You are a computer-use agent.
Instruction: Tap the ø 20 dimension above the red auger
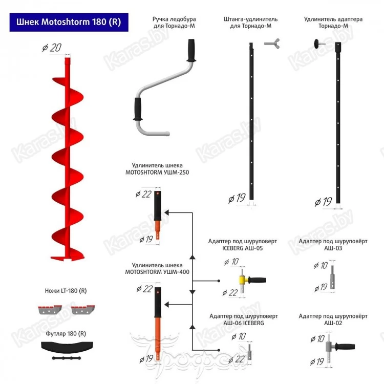pos(53,48)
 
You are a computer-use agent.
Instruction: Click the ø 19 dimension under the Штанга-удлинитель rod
pos(237,198)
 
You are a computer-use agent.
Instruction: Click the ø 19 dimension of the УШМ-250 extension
pos(146,239)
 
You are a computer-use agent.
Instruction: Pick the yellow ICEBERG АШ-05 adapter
pos(244,280)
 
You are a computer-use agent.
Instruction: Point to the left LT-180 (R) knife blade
pos(50,309)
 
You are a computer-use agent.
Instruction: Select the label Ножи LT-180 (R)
pos(66,291)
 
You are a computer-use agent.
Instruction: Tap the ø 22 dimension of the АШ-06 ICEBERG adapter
pos(236,359)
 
